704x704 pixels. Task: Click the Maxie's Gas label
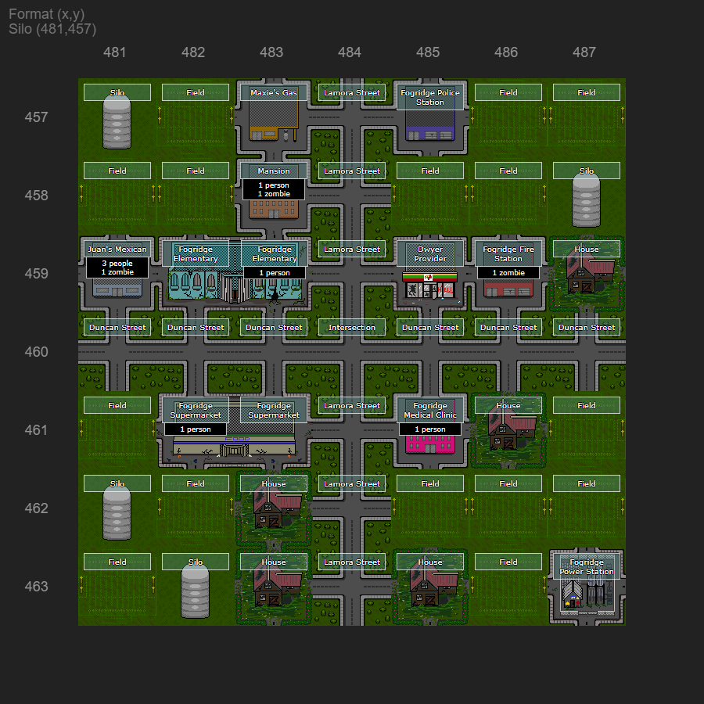click(x=274, y=92)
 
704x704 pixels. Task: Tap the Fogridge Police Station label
click(x=430, y=97)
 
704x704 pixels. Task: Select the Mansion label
click(x=274, y=171)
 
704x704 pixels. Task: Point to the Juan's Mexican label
click(x=117, y=249)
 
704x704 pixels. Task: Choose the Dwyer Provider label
click(x=430, y=253)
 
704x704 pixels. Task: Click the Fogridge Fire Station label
click(x=508, y=253)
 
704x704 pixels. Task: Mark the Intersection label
click(x=352, y=327)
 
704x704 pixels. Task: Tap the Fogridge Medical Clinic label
click(x=430, y=410)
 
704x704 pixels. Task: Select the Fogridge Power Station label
click(x=587, y=566)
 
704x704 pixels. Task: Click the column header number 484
click(x=350, y=52)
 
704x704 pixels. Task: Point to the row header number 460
click(x=36, y=352)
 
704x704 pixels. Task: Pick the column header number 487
click(x=584, y=52)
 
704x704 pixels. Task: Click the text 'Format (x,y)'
click(x=47, y=14)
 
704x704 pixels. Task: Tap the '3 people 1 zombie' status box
click(x=117, y=268)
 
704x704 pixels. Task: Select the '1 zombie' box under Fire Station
click(x=508, y=273)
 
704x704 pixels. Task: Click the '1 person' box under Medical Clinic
click(x=430, y=429)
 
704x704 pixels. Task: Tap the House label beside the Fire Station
click(x=587, y=249)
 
